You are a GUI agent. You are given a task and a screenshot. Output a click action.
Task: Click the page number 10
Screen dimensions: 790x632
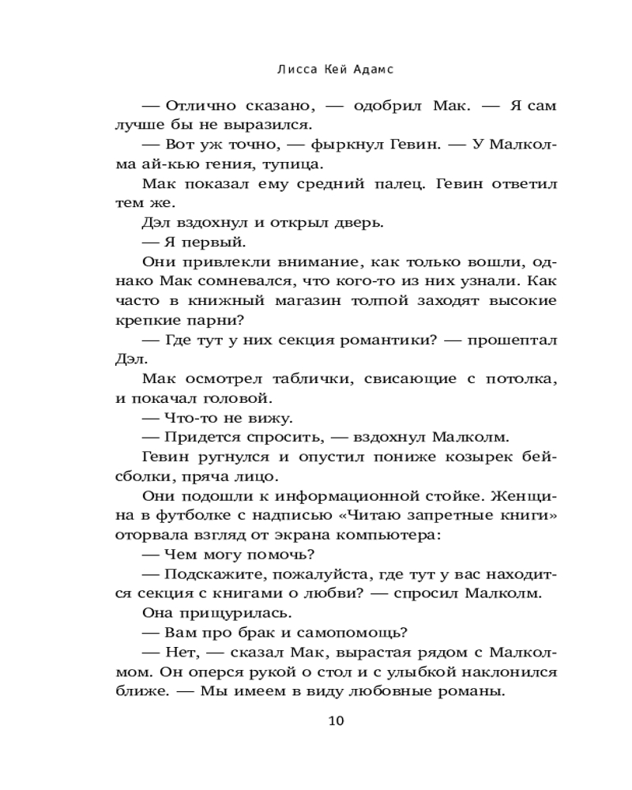[335, 720]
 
